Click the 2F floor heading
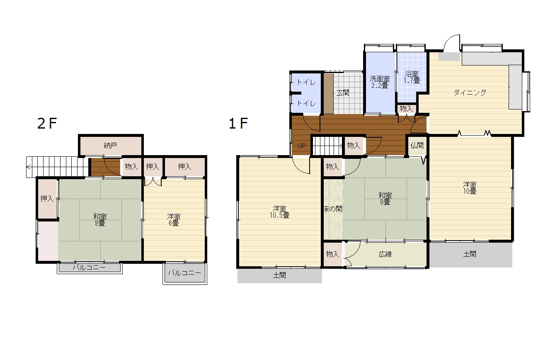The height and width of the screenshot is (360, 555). pyautogui.click(x=47, y=123)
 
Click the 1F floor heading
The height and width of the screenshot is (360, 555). pyautogui.click(x=238, y=123)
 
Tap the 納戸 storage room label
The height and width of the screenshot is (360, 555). pyautogui.click(x=110, y=146)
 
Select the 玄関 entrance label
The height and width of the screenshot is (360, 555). pyautogui.click(x=343, y=93)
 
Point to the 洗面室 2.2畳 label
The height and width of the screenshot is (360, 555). pyautogui.click(x=380, y=82)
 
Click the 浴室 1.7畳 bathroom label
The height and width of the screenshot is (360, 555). pyautogui.click(x=412, y=77)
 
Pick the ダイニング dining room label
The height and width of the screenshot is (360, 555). pyautogui.click(x=470, y=93)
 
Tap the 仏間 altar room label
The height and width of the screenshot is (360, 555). pyautogui.click(x=417, y=146)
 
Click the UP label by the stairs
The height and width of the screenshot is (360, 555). pyautogui.click(x=301, y=146)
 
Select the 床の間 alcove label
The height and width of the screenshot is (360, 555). pyautogui.click(x=333, y=209)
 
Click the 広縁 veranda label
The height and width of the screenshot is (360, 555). pyautogui.click(x=385, y=254)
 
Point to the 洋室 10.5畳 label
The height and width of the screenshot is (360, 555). pyautogui.click(x=279, y=212)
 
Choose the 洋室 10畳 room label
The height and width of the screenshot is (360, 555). pyautogui.click(x=470, y=188)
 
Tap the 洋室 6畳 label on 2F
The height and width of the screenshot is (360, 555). pyautogui.click(x=174, y=220)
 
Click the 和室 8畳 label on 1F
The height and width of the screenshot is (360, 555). pyautogui.click(x=385, y=199)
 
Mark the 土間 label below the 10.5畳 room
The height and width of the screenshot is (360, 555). pyautogui.click(x=279, y=275)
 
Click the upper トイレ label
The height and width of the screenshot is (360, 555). pyautogui.click(x=306, y=82)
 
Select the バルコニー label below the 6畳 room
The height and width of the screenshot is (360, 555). pyautogui.click(x=184, y=273)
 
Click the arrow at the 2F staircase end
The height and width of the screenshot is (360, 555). pyautogui.click(x=29, y=167)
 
